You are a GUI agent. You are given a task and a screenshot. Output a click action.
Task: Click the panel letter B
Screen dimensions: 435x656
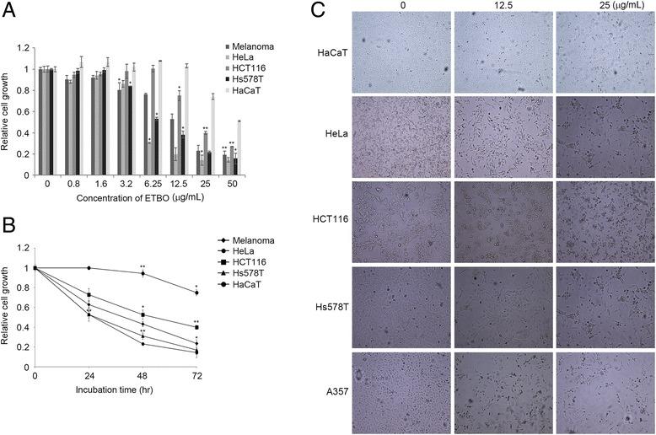coord(8,227)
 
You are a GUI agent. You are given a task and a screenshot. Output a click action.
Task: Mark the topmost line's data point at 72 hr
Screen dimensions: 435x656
coord(196,293)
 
